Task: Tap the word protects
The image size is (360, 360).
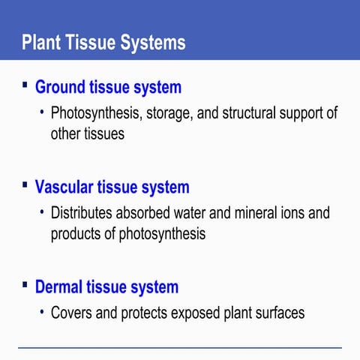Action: (x=148, y=313)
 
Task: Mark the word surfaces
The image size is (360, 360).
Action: (x=280, y=313)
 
